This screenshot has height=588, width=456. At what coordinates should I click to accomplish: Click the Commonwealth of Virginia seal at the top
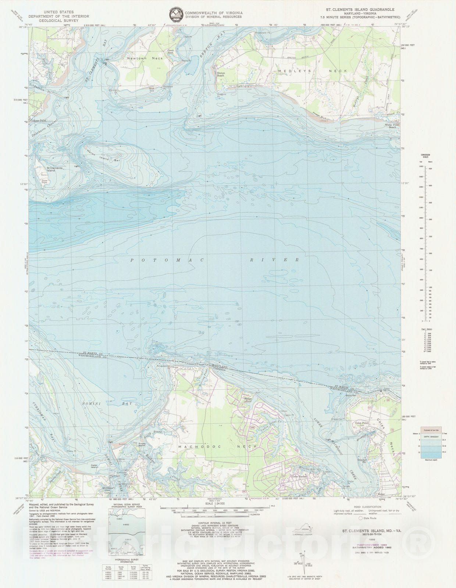click(177, 15)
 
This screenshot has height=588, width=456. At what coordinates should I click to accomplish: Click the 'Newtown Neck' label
click(139, 58)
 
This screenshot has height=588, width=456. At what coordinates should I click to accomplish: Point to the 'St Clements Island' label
click(55, 169)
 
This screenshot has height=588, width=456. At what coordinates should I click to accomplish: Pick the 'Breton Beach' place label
click(221, 74)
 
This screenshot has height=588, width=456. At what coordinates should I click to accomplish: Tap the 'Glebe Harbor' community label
click(289, 477)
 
